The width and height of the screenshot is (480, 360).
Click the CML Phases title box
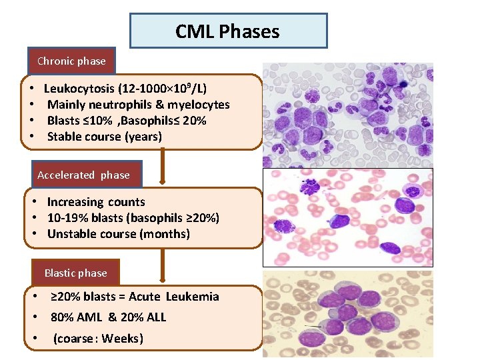(x=228, y=31)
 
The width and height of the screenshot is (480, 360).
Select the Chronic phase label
(x=71, y=61)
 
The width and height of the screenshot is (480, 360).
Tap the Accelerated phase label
(x=83, y=175)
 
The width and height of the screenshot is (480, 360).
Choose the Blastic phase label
(x=75, y=273)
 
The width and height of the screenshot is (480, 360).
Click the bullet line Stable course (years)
(x=104, y=137)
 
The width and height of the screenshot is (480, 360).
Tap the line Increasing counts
(x=95, y=202)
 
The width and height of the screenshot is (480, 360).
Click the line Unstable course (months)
(x=118, y=234)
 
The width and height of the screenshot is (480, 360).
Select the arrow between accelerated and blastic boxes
(x=163, y=267)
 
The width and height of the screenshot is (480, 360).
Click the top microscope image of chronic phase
(x=347, y=115)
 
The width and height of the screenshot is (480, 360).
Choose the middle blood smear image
(x=347, y=217)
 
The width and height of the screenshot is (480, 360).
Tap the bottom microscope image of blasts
(x=347, y=313)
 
